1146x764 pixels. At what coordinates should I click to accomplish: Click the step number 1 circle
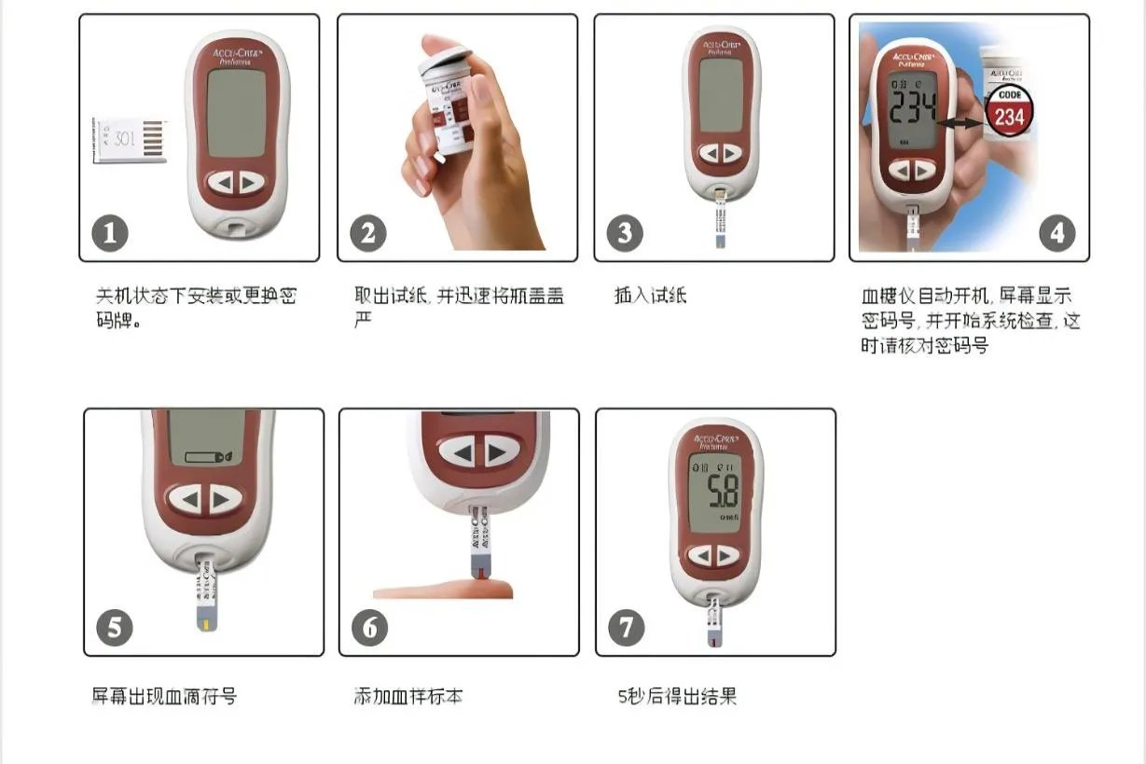(110, 232)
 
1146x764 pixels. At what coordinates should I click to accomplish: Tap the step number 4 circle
(1056, 232)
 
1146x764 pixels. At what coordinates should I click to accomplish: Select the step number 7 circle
(626, 627)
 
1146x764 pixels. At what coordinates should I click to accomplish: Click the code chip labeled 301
(129, 140)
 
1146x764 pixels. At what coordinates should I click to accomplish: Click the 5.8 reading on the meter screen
(721, 489)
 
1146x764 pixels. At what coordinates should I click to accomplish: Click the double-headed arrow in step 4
(960, 122)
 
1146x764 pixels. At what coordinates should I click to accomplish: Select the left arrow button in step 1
(222, 183)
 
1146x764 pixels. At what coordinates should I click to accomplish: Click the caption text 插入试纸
(651, 297)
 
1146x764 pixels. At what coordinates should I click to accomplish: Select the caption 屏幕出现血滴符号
(164, 696)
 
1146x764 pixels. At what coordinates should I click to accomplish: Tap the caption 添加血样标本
(408, 696)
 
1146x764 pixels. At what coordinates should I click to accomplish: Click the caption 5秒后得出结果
(677, 696)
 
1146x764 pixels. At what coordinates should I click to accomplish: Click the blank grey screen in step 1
(237, 113)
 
